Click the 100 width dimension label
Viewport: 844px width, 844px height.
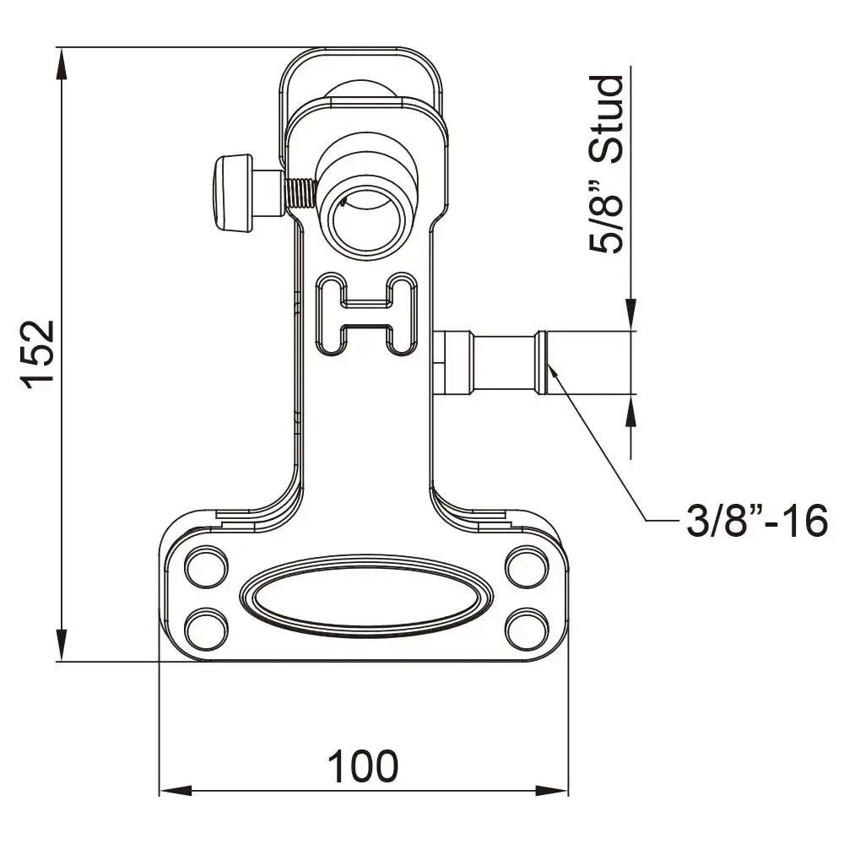point(363,766)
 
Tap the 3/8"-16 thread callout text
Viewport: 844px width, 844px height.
point(755,522)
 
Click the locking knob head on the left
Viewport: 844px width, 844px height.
point(232,193)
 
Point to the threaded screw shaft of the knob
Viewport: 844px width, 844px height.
point(300,193)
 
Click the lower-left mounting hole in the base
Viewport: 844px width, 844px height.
point(205,628)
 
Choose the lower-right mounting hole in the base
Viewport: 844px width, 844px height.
point(527,628)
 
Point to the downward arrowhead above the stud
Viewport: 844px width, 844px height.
point(630,316)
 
